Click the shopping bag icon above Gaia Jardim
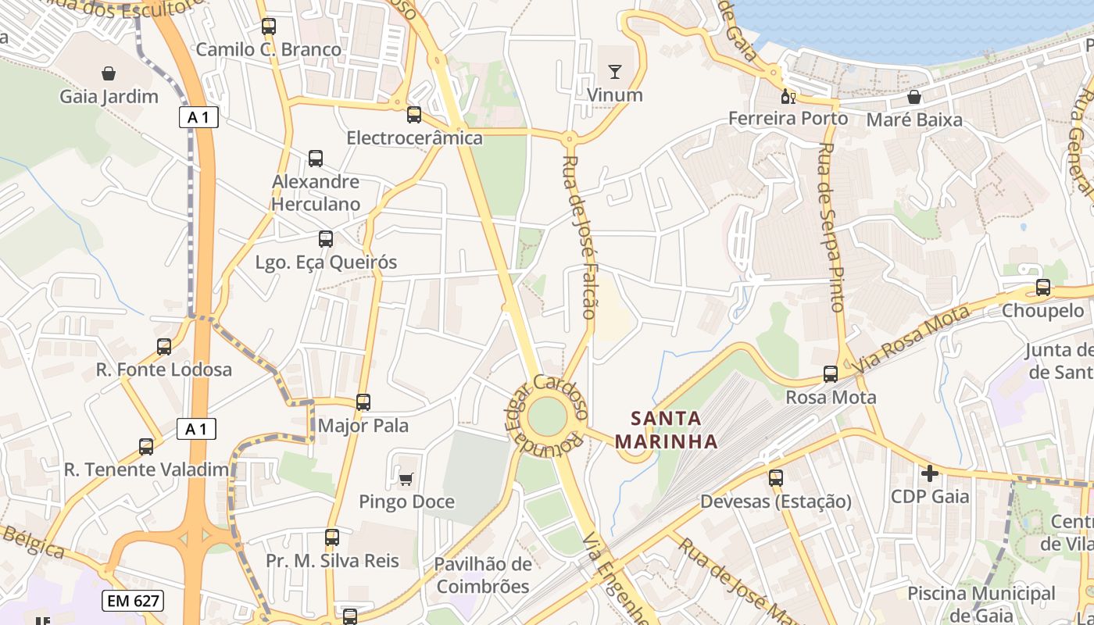click(109, 73)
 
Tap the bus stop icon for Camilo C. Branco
click(269, 26)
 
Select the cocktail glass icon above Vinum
click(615, 72)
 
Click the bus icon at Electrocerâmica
click(414, 115)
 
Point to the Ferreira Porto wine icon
click(788, 96)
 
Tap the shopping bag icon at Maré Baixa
click(913, 97)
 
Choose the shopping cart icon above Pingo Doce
click(406, 478)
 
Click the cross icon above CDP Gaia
click(930, 473)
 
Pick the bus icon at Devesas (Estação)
click(775, 477)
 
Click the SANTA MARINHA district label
click(666, 429)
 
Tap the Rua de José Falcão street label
click(579, 236)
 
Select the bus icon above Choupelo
click(1042, 287)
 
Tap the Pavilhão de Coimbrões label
click(483, 575)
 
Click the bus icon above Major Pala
click(363, 402)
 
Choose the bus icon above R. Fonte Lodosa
click(164, 346)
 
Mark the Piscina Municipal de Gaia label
click(981, 603)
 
